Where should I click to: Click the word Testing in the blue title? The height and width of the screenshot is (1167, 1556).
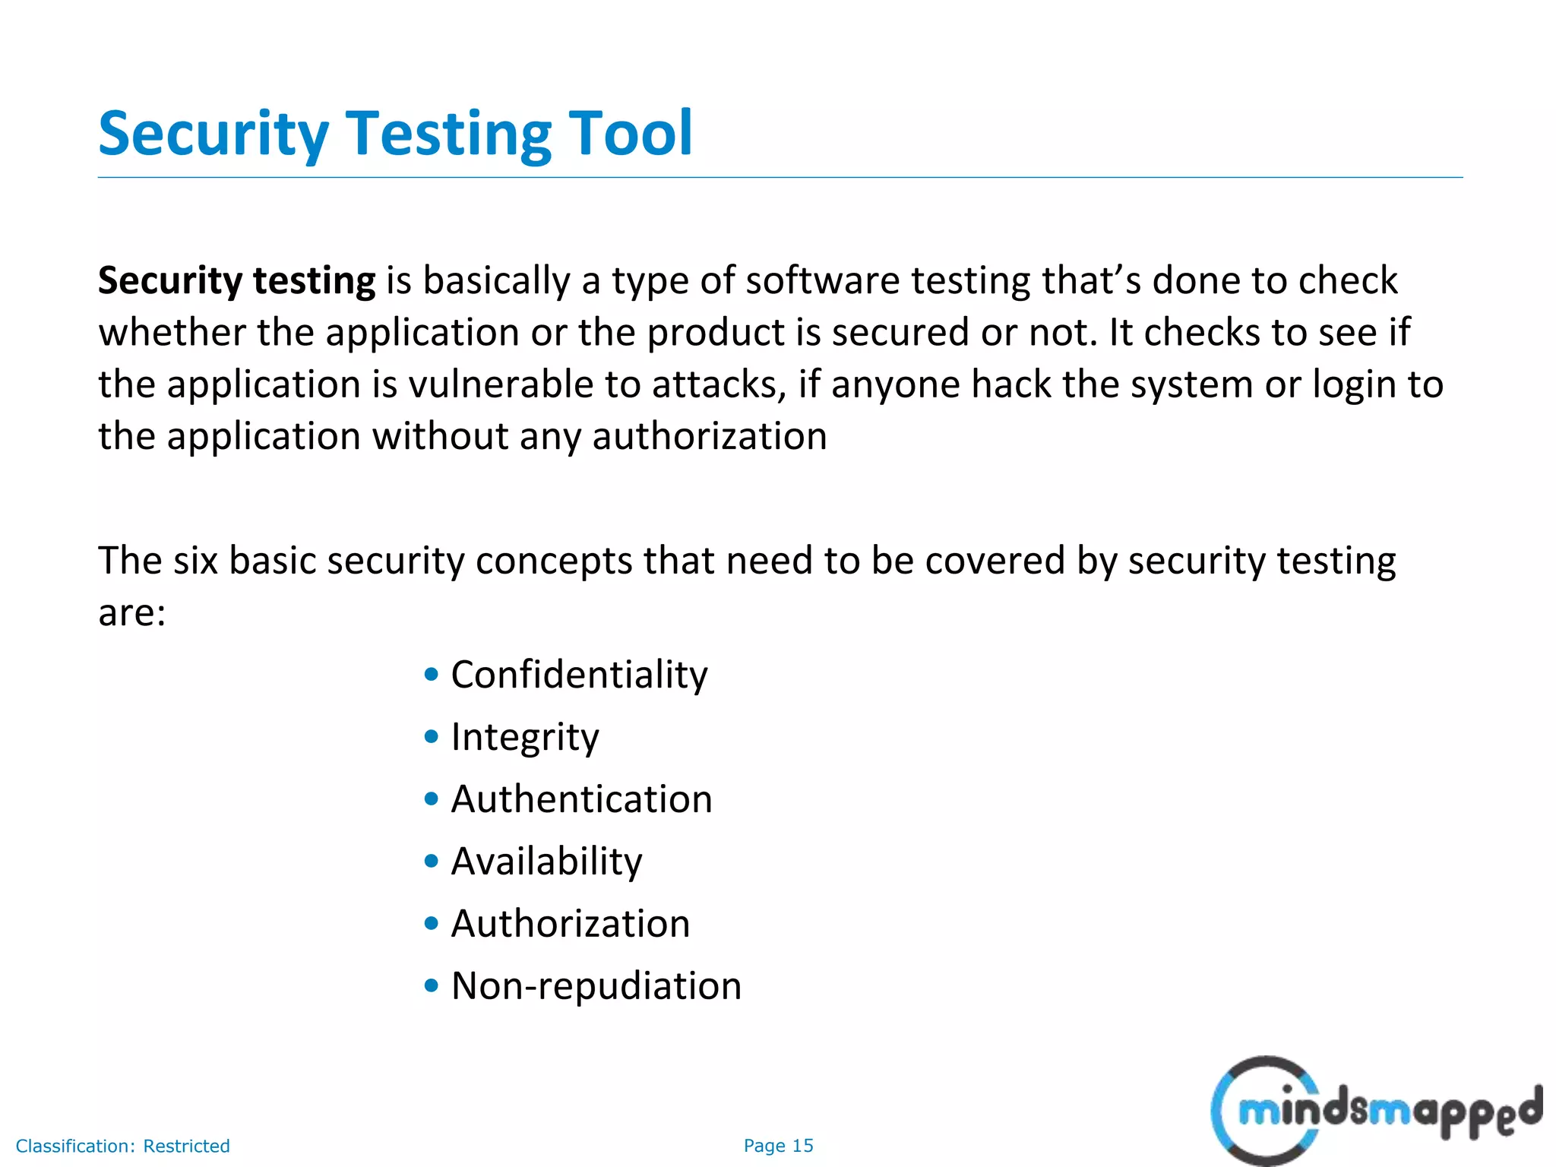tap(448, 135)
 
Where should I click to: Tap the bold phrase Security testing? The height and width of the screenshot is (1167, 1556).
tap(236, 281)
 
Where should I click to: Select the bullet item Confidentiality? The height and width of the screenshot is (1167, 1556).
tap(579, 675)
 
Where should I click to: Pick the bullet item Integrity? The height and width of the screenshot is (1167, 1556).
tap(525, 737)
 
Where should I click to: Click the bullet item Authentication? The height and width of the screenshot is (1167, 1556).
tap(581, 799)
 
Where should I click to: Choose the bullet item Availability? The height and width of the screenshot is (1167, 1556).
tap(546, 862)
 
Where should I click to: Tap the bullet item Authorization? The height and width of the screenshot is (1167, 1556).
tap(570, 924)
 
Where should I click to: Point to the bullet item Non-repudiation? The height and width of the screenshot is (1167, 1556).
tap(596, 986)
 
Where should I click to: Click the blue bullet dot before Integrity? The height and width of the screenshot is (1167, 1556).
tap(432, 736)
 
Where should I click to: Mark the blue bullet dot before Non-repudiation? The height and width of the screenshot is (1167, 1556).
tap(432, 985)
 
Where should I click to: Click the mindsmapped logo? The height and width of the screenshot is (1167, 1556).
tap(1375, 1111)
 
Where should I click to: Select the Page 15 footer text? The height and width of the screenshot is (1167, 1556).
tap(778, 1146)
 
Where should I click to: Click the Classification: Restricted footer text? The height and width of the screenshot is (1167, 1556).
tap(122, 1146)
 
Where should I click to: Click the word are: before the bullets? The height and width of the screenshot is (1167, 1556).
tap(131, 612)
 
